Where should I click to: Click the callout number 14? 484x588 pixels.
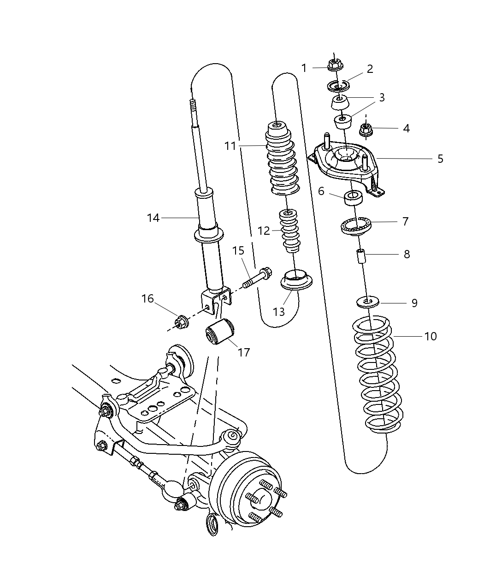[x=153, y=218]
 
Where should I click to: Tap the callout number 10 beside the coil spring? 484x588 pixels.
[x=430, y=336]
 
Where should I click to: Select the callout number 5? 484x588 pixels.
[x=440, y=159]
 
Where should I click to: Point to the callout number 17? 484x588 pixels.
[x=244, y=352]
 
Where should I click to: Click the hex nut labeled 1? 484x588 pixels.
[x=334, y=65]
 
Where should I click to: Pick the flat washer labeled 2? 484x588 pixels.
[x=339, y=86]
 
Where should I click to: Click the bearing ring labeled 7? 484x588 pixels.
[x=356, y=225]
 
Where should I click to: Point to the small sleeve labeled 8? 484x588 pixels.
[x=361, y=255]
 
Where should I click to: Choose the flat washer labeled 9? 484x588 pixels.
[x=367, y=303]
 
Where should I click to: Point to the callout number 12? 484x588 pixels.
[x=264, y=231]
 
